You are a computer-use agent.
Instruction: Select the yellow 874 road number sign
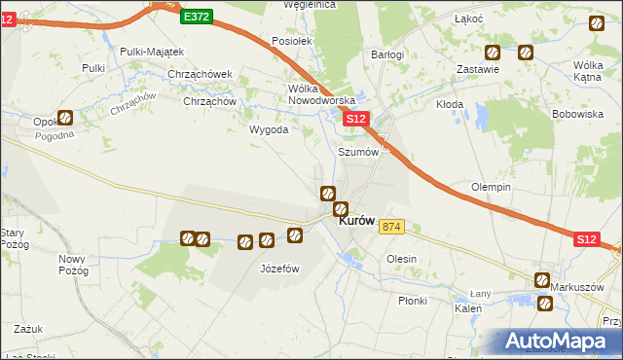[391, 227]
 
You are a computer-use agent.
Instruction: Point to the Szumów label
[356, 152]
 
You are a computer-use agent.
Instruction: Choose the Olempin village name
[491, 187]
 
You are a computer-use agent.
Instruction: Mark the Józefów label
[278, 269]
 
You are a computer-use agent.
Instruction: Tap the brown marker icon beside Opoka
[64, 119]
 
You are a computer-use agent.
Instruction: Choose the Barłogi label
[387, 55]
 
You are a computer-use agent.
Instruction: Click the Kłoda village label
[449, 103]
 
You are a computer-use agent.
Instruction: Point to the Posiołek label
[291, 42]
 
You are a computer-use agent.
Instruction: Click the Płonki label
[412, 301]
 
